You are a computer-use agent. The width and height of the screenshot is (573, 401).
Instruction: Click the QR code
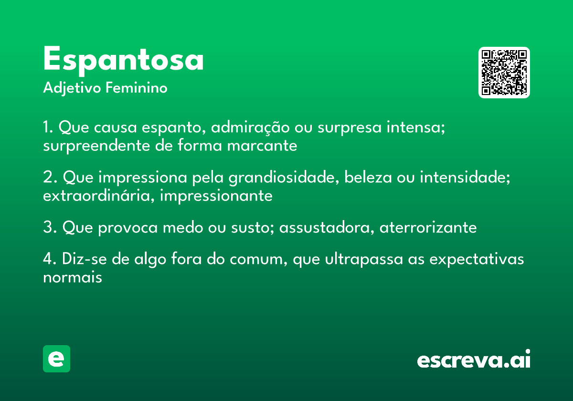pos(504,73)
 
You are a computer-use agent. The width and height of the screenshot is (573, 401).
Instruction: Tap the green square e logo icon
pos(56,359)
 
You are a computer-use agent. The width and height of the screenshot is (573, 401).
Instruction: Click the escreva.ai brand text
pos(474,360)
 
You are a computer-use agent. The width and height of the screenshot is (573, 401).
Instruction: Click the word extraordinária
pos(98,196)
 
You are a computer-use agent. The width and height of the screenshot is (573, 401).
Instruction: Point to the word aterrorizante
pos(428,228)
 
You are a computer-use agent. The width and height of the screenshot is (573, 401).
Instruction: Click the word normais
pos(73,277)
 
